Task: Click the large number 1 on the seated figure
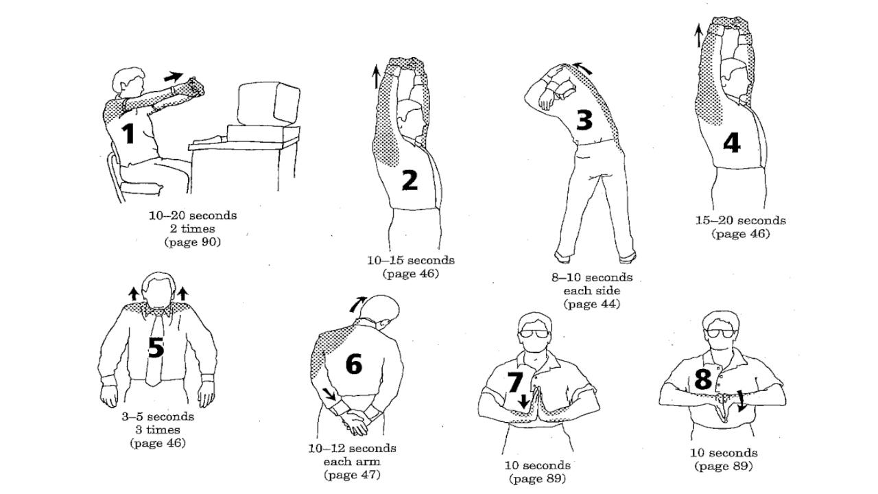pyautogui.click(x=128, y=133)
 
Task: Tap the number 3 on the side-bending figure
pyautogui.click(x=584, y=120)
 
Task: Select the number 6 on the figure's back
pyautogui.click(x=354, y=364)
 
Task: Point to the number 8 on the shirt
pyautogui.click(x=703, y=379)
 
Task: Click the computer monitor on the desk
pyautogui.click(x=268, y=104)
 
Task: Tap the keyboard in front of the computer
pyautogui.click(x=209, y=139)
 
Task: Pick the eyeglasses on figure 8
pyautogui.click(x=720, y=333)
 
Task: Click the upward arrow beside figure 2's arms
pyautogui.click(x=376, y=77)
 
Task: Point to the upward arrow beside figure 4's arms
pyautogui.click(x=698, y=35)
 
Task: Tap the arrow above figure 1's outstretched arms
pyautogui.click(x=174, y=76)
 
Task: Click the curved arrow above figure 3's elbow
pyautogui.click(x=582, y=67)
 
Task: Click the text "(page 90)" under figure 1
pyautogui.click(x=193, y=242)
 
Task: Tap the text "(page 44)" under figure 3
pyautogui.click(x=592, y=304)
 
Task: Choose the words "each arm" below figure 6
pyautogui.click(x=352, y=462)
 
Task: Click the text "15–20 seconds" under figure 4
pyautogui.click(x=740, y=220)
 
